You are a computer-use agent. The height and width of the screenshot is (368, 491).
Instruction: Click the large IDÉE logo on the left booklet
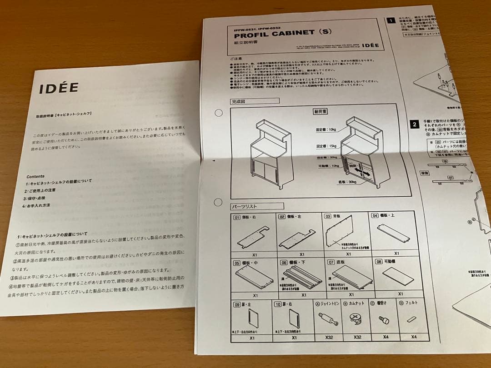tap(59, 88)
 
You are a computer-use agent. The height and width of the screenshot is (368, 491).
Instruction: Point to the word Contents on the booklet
tap(36, 176)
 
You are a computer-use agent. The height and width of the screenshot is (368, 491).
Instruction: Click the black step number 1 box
tap(391, 20)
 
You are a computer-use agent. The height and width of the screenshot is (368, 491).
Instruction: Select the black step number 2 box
tap(415, 123)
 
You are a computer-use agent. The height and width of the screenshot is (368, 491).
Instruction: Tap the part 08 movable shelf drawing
tap(397, 276)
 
